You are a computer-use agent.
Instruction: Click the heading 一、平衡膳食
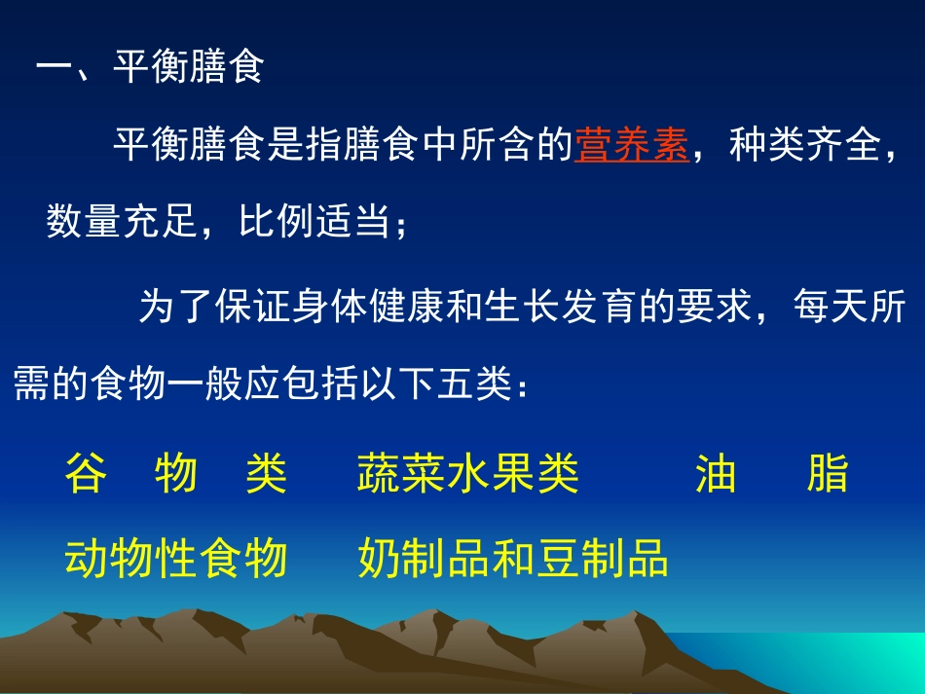click(x=149, y=69)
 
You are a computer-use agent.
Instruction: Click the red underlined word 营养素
click(x=631, y=146)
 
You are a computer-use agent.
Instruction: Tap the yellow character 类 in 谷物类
click(x=266, y=474)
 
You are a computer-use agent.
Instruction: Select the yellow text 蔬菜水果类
click(x=468, y=474)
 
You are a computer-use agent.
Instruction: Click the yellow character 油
click(x=716, y=474)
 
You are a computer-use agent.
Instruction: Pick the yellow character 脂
click(x=828, y=474)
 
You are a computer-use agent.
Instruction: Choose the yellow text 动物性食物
click(x=176, y=559)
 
